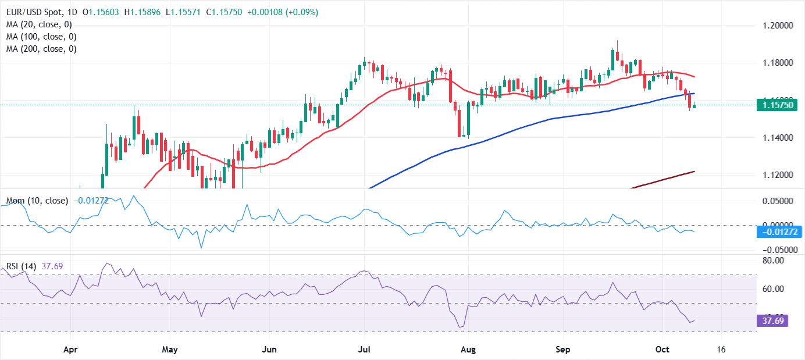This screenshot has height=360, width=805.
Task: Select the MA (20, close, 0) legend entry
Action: pos(40,24)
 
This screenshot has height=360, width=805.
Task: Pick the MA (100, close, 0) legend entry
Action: pos(42,37)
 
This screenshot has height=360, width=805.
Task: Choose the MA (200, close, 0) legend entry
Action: pos(42,49)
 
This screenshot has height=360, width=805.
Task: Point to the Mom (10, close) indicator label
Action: pos(37,201)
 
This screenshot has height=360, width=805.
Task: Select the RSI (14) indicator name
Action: pos(21,266)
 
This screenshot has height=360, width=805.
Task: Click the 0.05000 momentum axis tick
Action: pos(779,201)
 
